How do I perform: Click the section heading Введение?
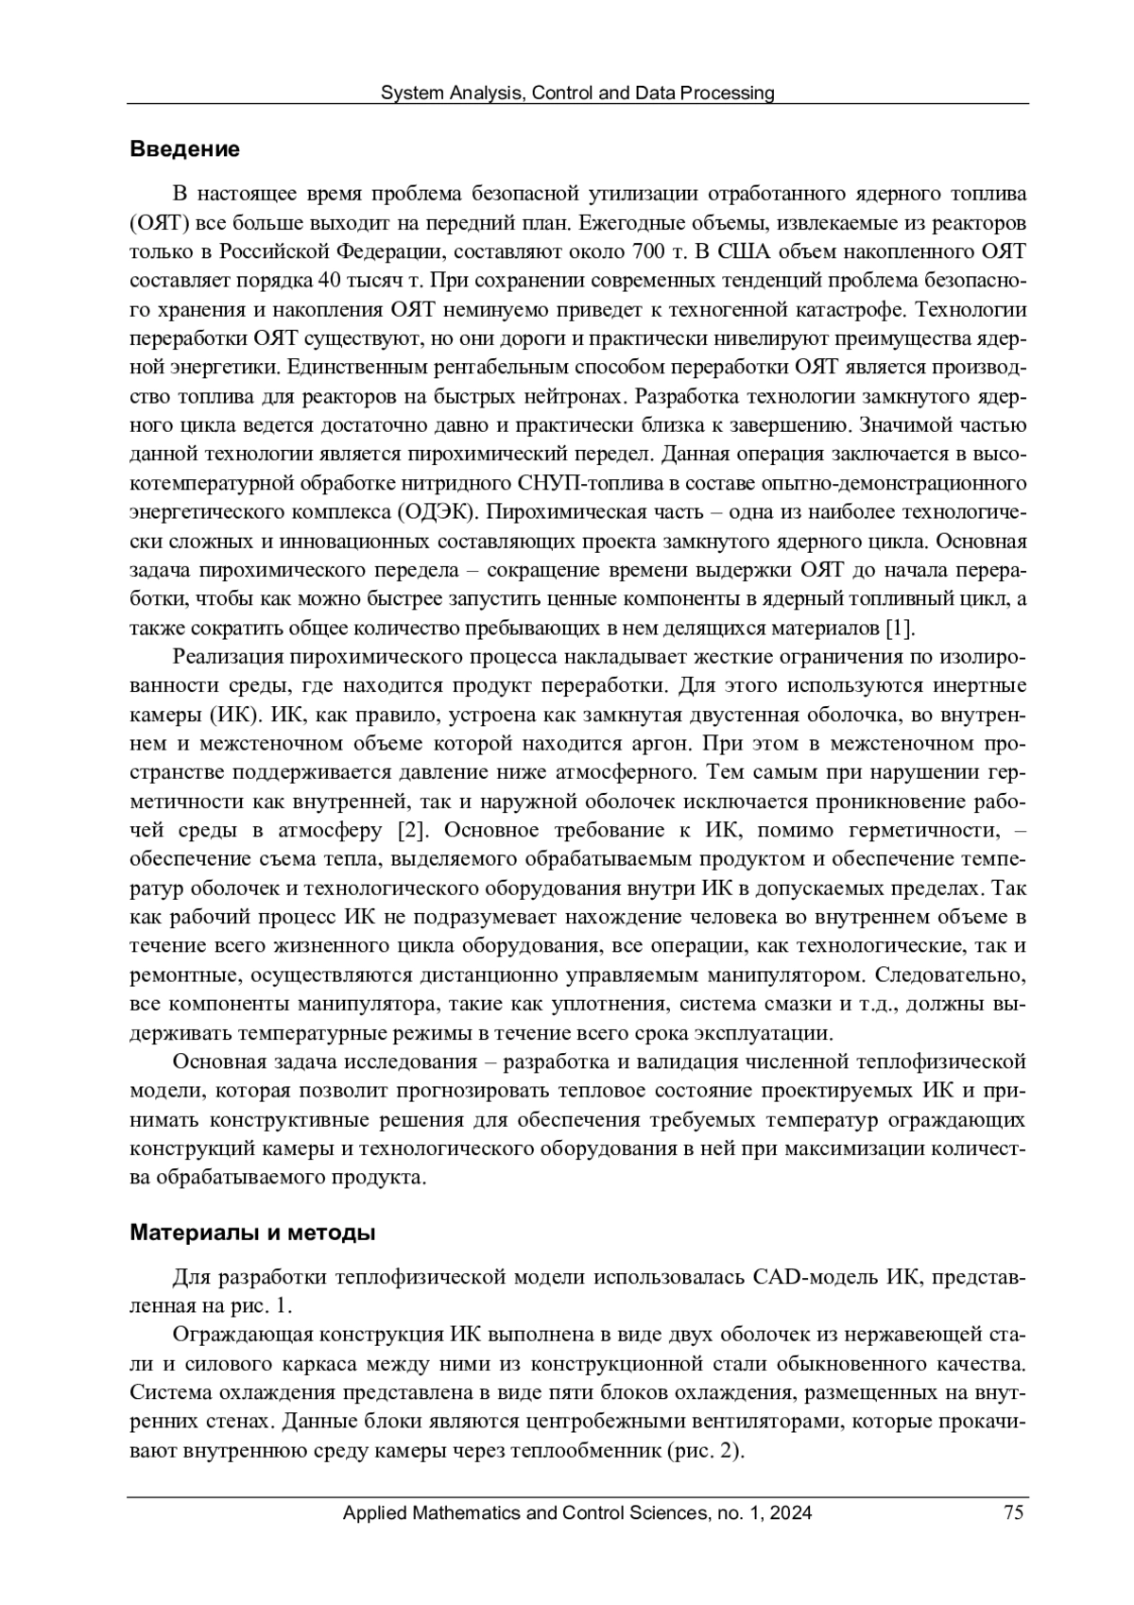pos(184,149)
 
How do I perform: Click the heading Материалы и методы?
pos(252,1234)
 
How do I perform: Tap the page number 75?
pos(1014,1513)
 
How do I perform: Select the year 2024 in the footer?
pos(791,1513)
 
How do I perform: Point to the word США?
pos(748,251)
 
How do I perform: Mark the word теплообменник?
pos(584,1452)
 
